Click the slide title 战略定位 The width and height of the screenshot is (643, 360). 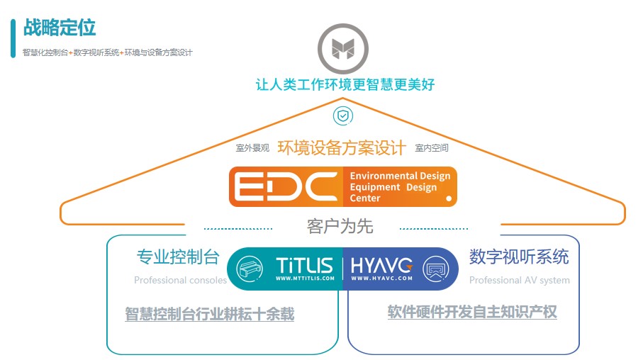60,28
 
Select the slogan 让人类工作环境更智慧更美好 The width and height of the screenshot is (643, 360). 345,84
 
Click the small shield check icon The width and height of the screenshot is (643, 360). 343,115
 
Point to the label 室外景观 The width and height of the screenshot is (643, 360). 252,148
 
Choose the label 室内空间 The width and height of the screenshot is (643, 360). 432,148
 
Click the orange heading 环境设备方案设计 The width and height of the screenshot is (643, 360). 342,147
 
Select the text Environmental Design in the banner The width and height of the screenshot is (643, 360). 400,176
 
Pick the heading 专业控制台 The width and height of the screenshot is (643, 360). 178,257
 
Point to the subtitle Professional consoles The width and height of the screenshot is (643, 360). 180,280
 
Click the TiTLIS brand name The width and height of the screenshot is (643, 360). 304,266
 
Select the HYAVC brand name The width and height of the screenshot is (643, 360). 381,266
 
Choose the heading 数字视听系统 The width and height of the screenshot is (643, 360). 519,256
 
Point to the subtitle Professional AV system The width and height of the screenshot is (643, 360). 519,280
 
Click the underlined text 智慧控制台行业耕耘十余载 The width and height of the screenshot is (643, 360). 209,314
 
